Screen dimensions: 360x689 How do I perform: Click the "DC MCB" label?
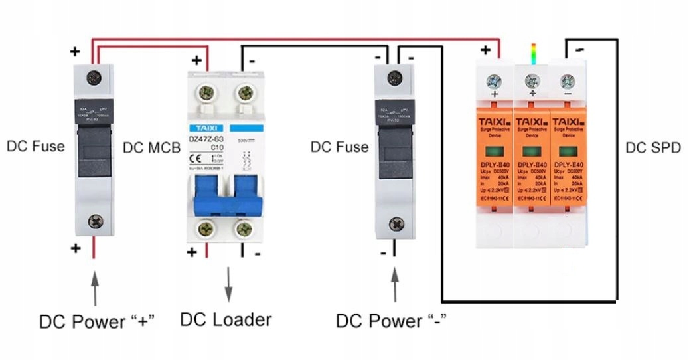152,147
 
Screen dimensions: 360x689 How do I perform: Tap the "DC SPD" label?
653,147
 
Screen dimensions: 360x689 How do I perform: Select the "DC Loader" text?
226,319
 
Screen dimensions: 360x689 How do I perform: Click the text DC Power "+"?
97,321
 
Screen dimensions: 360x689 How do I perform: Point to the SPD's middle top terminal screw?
531,82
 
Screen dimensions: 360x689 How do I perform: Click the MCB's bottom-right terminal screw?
245,230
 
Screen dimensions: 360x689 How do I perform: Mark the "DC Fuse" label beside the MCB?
339,147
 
